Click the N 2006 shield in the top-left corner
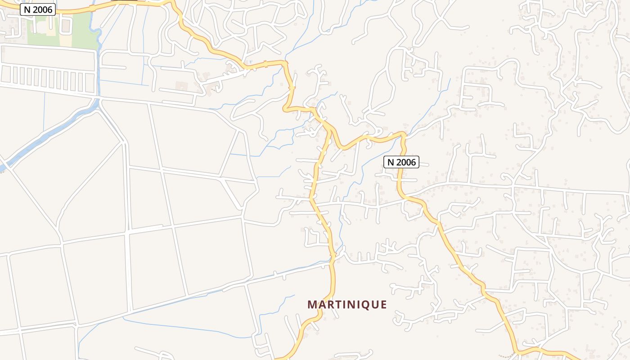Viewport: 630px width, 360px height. point(38,9)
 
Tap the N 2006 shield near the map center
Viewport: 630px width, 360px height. point(401,162)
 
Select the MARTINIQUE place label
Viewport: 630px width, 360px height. point(347,305)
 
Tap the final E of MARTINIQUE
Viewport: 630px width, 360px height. point(383,305)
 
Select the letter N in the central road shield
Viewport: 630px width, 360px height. point(391,162)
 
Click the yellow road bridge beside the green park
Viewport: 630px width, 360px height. point(92,8)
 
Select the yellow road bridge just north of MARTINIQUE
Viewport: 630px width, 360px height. point(333,256)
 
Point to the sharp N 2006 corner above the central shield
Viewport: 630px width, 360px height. point(403,134)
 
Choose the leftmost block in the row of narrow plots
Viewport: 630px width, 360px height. point(6,75)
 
